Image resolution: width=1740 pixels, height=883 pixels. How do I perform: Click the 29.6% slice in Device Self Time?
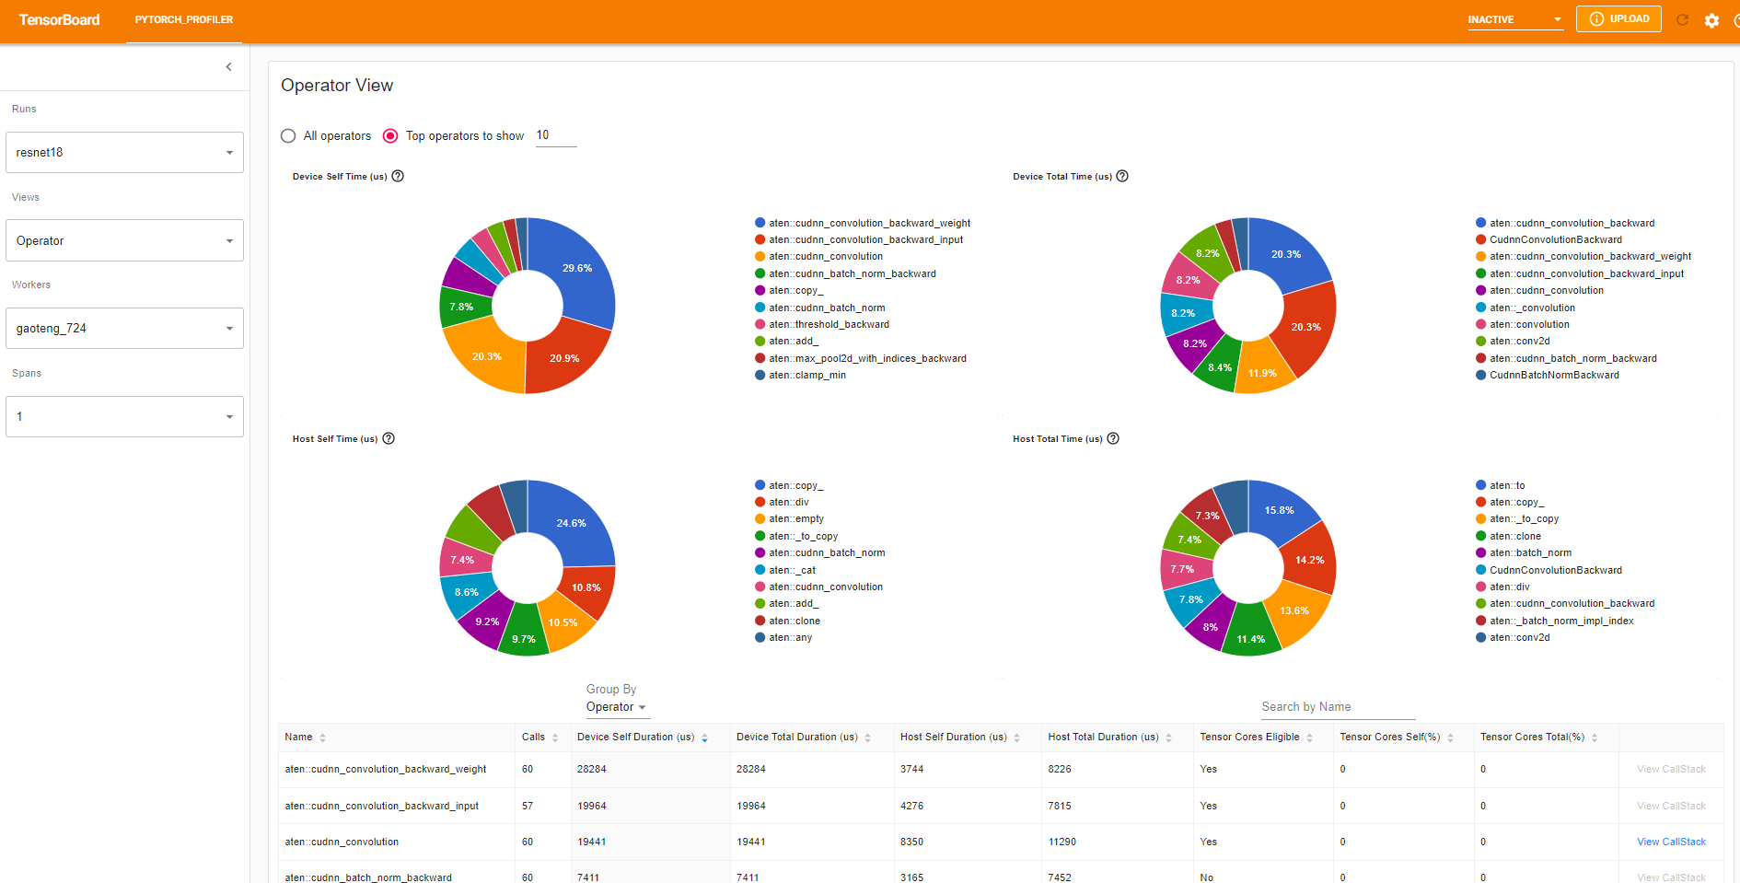pos(576,268)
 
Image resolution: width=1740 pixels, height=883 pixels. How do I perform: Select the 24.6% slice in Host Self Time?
pos(571,523)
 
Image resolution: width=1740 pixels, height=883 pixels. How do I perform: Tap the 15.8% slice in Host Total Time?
pos(1279,510)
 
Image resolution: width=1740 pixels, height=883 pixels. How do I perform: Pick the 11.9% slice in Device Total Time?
pos(1262,373)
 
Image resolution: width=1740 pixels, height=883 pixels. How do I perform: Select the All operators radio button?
pos(288,136)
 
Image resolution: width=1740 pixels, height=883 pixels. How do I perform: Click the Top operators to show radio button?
pos(390,136)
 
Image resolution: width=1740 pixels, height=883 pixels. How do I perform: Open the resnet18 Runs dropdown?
pos(124,153)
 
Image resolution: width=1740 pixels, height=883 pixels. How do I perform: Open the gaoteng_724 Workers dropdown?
pos(124,329)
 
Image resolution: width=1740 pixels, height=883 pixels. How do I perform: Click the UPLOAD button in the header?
pos(1618,19)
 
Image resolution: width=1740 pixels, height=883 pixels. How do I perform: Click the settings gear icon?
pos(1711,20)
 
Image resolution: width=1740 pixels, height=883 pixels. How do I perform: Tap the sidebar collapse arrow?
pos(228,67)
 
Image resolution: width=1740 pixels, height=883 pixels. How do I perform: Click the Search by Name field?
pos(1337,707)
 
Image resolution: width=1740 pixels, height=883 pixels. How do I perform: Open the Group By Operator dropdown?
pos(616,707)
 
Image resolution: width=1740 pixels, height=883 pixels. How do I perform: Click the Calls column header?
pos(534,738)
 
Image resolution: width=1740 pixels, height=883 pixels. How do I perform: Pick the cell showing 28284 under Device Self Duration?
pos(592,770)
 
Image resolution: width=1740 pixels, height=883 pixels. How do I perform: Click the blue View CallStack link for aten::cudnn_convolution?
pos(1671,842)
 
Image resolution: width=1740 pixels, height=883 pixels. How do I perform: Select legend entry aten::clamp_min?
pos(807,376)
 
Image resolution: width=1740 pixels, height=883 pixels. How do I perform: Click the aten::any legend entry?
pos(791,638)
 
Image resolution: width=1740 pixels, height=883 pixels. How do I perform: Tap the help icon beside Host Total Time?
pos(1113,439)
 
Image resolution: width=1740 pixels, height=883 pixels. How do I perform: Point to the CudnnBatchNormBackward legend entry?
pos(1554,376)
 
